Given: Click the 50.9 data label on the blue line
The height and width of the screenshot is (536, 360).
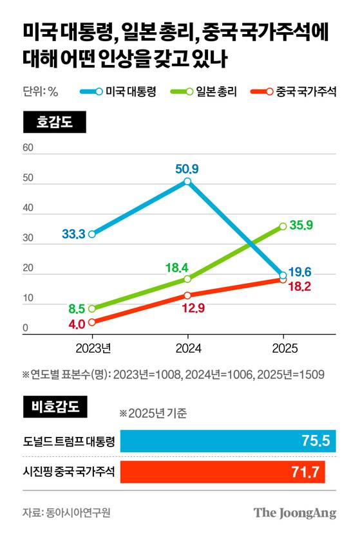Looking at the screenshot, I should pyautogui.click(x=187, y=169).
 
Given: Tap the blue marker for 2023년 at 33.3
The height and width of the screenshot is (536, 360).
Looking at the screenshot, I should pyautogui.click(x=92, y=234).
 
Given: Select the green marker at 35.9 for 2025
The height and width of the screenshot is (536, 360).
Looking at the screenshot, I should pyautogui.click(x=283, y=226).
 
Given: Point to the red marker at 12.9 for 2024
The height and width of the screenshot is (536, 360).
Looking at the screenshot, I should pyautogui.click(x=187, y=295).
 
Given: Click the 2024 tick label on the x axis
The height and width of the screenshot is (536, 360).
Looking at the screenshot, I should pyautogui.click(x=187, y=348).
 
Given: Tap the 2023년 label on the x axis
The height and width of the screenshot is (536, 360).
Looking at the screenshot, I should pyautogui.click(x=93, y=348).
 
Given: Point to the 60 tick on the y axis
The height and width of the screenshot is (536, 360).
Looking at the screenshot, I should pyautogui.click(x=28, y=147).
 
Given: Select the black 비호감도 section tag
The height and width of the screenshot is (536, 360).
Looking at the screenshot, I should pyautogui.click(x=54, y=407).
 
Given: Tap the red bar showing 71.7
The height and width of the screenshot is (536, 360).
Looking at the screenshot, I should pyautogui.click(x=222, y=473).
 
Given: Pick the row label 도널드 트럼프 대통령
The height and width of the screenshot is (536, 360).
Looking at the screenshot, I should pyautogui.click(x=68, y=441).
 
